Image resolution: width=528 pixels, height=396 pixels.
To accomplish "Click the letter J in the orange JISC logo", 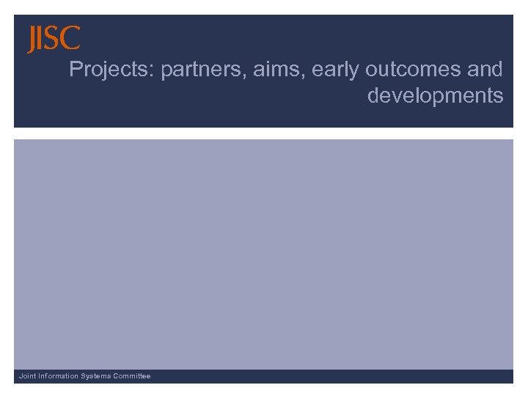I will [x=32, y=40].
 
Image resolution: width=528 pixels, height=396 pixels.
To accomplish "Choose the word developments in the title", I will [x=435, y=96].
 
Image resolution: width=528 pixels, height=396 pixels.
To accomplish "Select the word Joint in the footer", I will [x=27, y=376].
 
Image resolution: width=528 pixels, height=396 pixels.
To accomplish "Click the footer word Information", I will [x=59, y=376].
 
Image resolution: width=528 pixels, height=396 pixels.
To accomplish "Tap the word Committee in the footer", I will [x=133, y=376].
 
